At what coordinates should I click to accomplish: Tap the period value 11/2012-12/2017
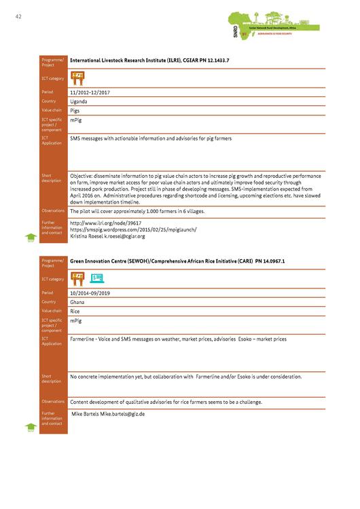coord(94,91)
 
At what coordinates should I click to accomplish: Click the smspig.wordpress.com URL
coord(134,229)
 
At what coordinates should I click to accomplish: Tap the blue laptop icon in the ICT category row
coord(97,278)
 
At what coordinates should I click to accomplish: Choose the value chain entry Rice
coord(76,311)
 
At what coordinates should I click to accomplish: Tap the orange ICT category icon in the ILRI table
coord(78,77)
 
